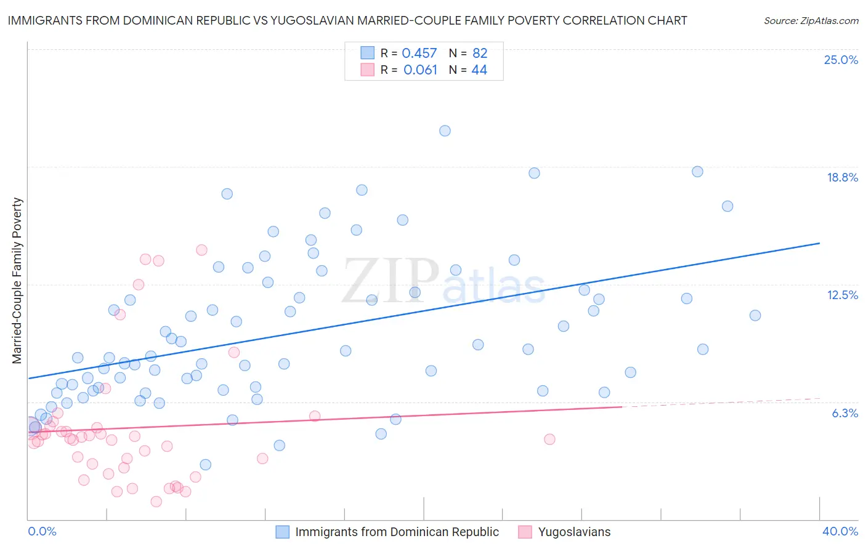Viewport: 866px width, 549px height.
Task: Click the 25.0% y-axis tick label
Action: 841,60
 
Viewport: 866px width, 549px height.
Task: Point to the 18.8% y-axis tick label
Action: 842,177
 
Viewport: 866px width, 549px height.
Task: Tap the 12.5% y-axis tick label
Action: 842,295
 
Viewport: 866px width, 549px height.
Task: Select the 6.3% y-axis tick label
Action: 844,413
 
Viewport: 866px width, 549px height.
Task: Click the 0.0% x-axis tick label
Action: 42,532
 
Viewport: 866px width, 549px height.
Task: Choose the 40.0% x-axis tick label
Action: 840,532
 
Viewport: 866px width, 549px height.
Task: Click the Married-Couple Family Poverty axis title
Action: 17,281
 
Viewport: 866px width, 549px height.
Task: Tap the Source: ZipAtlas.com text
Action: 811,20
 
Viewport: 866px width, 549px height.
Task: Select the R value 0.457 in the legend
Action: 419,54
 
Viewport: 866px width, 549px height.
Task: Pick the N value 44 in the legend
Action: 479,70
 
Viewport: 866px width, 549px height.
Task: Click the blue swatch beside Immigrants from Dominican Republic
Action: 283,532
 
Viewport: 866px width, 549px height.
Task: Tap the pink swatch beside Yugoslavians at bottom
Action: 525,532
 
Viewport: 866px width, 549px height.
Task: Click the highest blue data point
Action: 445,130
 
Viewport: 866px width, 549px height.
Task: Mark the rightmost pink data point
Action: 549,439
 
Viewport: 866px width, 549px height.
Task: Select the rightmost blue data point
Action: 755,315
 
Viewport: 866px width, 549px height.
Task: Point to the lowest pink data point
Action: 156,502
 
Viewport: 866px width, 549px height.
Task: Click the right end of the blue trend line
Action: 820,243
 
